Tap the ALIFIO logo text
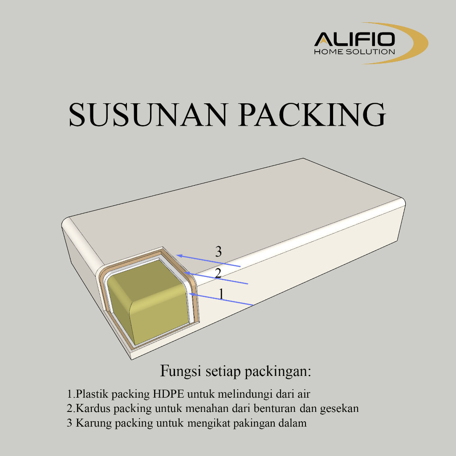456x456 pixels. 354,40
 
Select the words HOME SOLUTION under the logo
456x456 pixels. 354,52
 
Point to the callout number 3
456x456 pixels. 218,252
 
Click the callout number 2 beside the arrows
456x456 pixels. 218,273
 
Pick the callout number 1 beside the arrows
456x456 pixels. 221,293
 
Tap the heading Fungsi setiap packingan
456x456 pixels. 236,371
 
